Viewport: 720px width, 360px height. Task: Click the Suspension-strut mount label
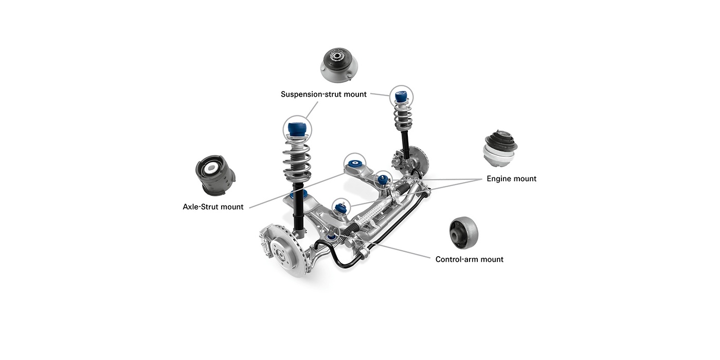click(323, 94)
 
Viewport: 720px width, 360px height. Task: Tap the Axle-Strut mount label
click(213, 207)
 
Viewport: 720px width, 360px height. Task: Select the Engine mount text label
click(511, 179)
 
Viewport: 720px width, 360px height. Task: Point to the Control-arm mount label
click(469, 259)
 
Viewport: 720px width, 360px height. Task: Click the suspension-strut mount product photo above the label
click(339, 65)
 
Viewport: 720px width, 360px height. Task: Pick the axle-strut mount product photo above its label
click(215, 175)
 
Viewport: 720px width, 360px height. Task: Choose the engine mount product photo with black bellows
click(500, 149)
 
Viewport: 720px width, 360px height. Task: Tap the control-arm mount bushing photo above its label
click(464, 232)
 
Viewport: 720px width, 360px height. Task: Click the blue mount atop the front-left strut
click(297, 129)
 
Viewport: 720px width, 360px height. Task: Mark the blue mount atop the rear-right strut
click(401, 97)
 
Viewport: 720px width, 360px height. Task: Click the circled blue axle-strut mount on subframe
click(355, 164)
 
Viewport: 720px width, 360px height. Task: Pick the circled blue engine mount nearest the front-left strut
click(340, 208)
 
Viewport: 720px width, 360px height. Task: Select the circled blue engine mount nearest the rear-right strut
click(383, 179)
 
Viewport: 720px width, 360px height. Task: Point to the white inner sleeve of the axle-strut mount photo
click(211, 168)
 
